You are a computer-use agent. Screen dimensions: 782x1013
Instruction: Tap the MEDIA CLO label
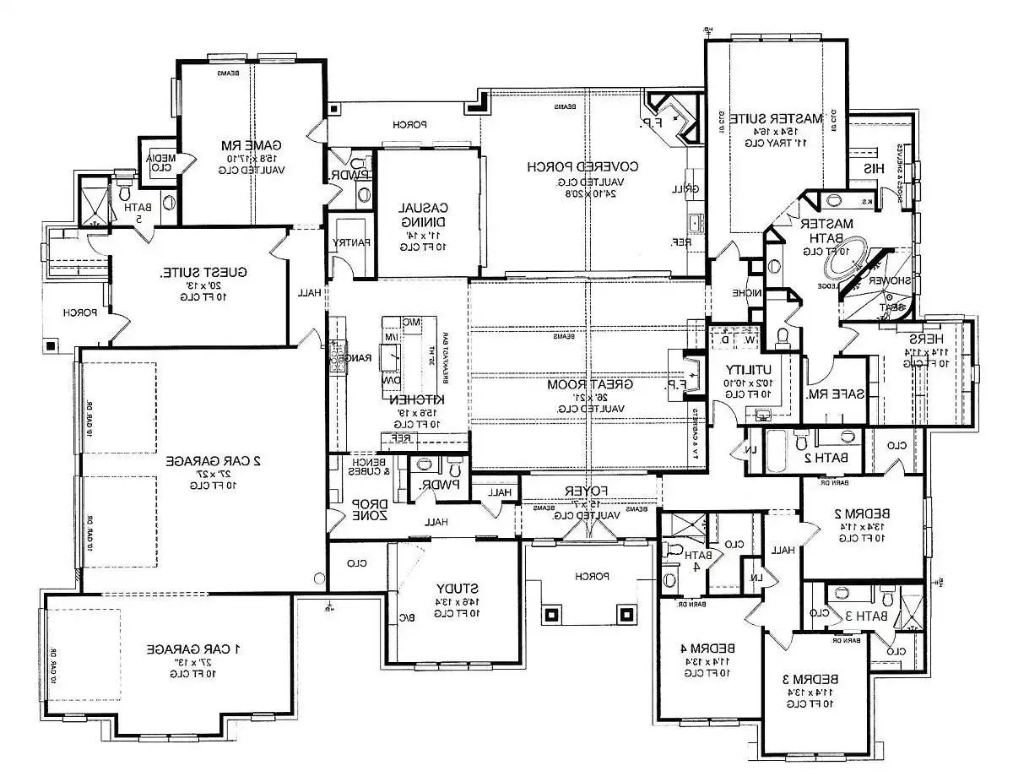pos(157,160)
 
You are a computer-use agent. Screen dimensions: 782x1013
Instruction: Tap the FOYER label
pos(588,491)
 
